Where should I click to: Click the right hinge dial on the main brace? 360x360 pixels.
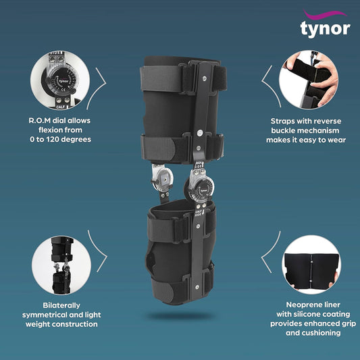(x=201, y=184)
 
